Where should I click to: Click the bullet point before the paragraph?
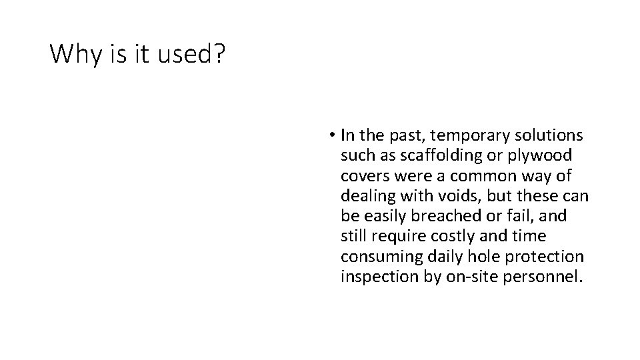pos(331,136)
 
